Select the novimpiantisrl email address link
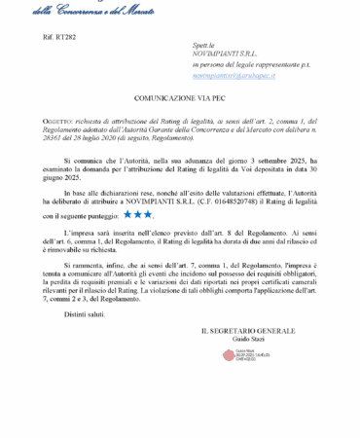(x=234, y=74)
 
